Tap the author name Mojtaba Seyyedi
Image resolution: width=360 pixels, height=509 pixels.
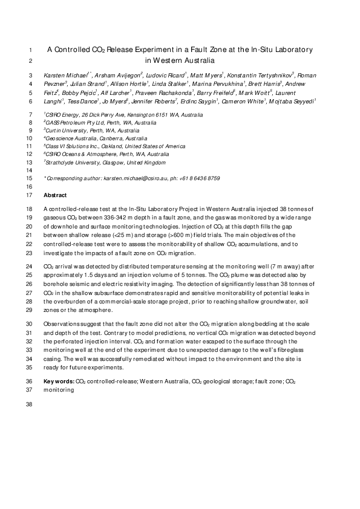tap(296, 103)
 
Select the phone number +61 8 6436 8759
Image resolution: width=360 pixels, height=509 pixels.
tap(201, 179)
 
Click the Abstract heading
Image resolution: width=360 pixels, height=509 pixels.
tap(54, 196)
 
